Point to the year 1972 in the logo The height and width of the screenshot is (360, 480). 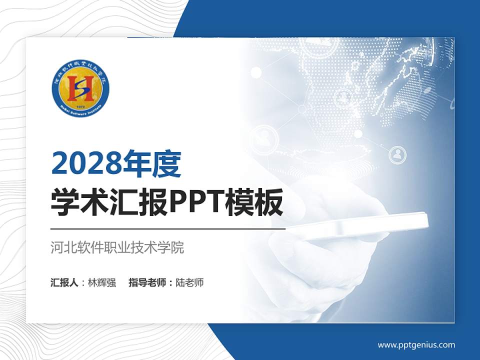(80, 106)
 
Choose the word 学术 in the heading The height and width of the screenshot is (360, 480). (74, 203)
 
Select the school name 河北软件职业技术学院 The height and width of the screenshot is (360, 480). (117, 247)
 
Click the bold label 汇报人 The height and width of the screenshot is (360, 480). (64, 282)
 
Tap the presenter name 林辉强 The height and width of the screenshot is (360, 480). (101, 282)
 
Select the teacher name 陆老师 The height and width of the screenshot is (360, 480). (189, 282)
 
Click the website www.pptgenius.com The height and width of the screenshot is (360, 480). (416, 344)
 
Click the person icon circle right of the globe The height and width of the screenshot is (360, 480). (398, 155)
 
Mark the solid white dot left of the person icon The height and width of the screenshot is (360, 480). (358, 133)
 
